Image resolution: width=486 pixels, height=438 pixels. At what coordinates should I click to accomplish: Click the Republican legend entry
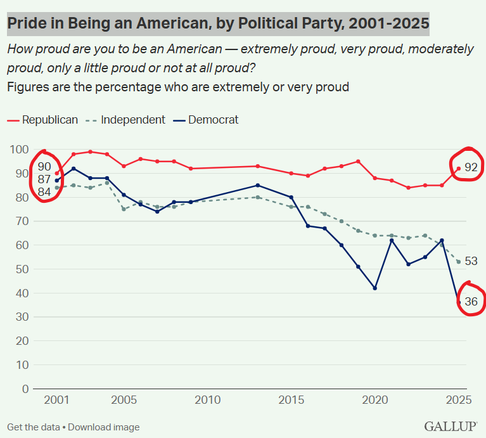49,119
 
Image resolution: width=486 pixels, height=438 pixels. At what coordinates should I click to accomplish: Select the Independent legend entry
133,119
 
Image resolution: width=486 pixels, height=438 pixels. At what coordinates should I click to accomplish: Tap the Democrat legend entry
214,119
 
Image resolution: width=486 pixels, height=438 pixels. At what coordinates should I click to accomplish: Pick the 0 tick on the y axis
25,389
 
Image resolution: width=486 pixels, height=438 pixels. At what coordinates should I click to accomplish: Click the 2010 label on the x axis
208,401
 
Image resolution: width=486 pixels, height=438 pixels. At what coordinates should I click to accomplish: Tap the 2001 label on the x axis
56,401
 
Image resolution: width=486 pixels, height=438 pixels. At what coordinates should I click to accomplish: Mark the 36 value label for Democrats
471,302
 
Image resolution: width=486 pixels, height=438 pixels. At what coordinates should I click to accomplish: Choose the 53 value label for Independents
471,261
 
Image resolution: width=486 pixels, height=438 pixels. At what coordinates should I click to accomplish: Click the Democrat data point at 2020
375,288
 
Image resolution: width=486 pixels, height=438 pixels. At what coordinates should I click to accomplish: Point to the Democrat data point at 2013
258,185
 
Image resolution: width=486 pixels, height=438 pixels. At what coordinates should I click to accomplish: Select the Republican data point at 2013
258,166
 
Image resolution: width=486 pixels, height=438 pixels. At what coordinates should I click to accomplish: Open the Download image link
104,427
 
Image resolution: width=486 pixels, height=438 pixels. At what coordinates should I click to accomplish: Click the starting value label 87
44,179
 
